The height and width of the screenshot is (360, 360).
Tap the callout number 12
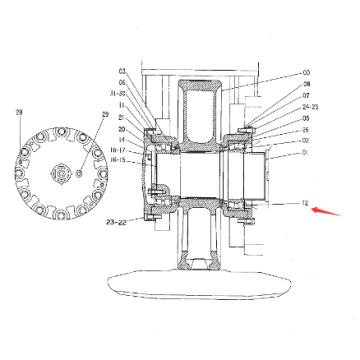click(303, 203)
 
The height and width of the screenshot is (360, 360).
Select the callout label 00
click(306, 73)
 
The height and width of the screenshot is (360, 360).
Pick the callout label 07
click(306, 96)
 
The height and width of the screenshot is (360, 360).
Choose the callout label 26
click(306, 130)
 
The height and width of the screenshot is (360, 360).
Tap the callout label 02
click(306, 142)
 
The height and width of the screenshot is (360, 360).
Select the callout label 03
click(123, 72)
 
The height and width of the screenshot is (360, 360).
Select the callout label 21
click(122, 117)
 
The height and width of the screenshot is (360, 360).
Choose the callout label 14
click(122, 139)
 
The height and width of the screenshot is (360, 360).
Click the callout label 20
click(122, 129)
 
